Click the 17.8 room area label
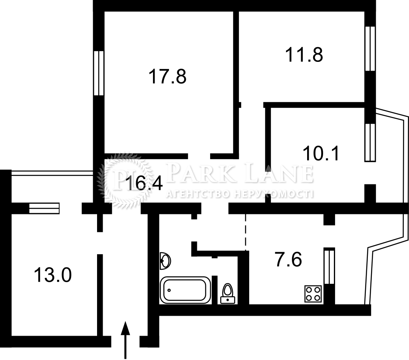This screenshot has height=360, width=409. pos(167,76)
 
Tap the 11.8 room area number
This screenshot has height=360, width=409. pos(304,55)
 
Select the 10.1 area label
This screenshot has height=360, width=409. pos(321,153)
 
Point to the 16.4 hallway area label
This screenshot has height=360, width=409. pos(144,183)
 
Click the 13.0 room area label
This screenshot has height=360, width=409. pos(53,275)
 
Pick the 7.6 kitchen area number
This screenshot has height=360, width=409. pos(288,259)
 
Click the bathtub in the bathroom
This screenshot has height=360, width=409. pos(185,290)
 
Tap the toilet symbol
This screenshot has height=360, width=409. pos(228,293)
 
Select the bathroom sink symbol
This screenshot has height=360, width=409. pos(165,261)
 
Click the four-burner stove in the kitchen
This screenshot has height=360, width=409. pos(313,294)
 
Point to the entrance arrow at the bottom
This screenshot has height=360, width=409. pos(125,340)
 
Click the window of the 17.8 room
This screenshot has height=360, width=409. pos(99,73)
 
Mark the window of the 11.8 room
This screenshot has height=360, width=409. pos(370,48)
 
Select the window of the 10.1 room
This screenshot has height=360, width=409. pos(370,142)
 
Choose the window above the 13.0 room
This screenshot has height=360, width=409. pos(44,209)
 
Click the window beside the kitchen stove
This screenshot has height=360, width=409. pos(330,266)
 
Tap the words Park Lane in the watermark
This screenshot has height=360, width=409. pos(240,172)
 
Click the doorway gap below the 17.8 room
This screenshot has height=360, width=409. pos(199,156)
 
